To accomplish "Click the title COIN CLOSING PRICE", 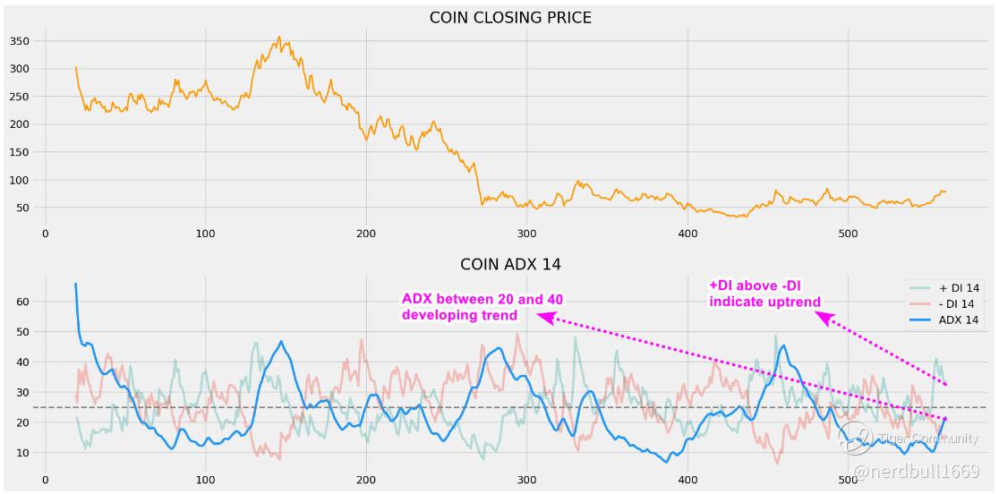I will click(510, 17).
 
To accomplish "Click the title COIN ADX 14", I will click(510, 264).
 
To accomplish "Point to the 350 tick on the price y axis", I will click(20, 41).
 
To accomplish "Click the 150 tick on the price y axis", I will click(20, 152).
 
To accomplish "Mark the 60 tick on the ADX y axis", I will click(23, 302).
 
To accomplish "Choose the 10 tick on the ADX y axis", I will click(23, 453).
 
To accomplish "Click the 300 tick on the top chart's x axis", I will click(526, 234).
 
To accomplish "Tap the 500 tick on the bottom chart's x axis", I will click(848, 480).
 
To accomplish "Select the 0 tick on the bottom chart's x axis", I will click(46, 480).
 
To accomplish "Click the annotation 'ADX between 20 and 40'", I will click(482, 299).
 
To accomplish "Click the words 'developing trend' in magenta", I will click(459, 315).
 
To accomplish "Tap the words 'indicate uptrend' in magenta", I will click(764, 302).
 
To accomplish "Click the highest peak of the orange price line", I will click(279, 38).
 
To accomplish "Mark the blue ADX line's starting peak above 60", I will click(75, 285).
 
